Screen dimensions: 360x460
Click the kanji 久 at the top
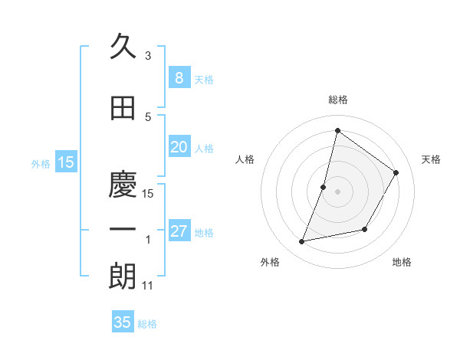[x=123, y=47]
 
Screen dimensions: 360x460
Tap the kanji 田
[x=123, y=109]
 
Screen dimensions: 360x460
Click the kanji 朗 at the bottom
[x=123, y=277]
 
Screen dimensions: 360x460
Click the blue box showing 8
[x=179, y=78]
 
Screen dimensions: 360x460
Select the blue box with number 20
[x=179, y=147]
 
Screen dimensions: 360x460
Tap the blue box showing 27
[x=179, y=231]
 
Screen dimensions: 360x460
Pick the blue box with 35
[x=123, y=322]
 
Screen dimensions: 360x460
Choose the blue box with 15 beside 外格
[x=66, y=162]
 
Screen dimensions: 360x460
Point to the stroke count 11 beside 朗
[x=148, y=286]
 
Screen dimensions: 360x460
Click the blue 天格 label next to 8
[x=204, y=80]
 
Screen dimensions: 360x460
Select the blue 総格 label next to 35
[x=147, y=324]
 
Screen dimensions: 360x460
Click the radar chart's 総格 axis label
[x=337, y=100]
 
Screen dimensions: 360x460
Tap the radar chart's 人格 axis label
[x=245, y=159]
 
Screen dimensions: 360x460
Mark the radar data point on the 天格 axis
[x=396, y=172]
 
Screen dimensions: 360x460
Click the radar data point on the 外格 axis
[x=302, y=242]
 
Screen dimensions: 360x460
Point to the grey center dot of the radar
[x=337, y=191]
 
